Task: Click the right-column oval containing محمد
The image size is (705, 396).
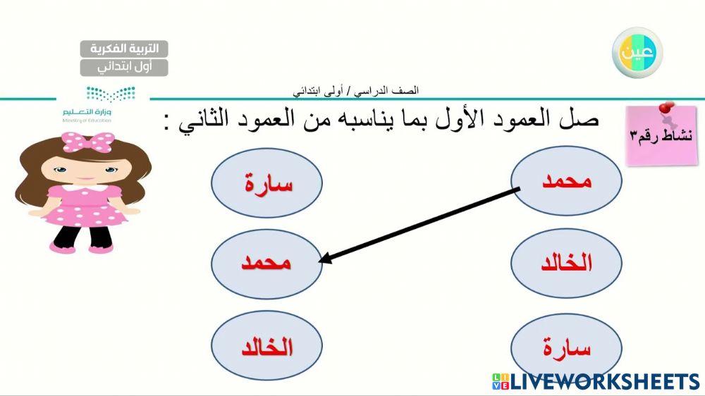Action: (566, 181)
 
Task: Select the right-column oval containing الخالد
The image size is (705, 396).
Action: (566, 264)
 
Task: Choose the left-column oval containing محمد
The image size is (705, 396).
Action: (267, 263)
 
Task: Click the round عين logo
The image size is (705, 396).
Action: (637, 52)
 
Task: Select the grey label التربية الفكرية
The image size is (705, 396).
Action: (124, 49)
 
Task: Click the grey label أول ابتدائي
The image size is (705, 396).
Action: (124, 67)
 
